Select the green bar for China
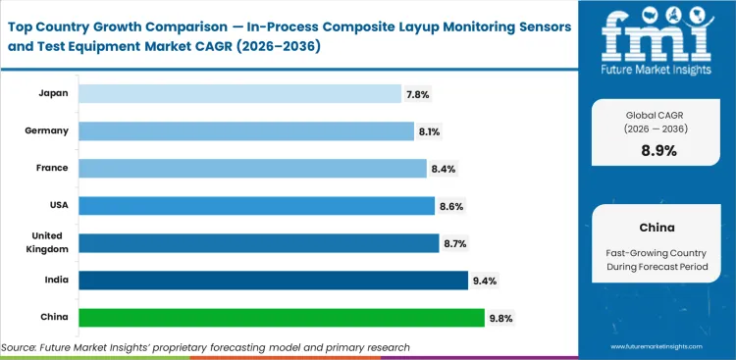281,318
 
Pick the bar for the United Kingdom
258,243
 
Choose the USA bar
256,206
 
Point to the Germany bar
246,130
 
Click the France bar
252,169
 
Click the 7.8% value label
417,94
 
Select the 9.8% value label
500,319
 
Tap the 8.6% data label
451,206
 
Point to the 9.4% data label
484,282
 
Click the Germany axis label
46,130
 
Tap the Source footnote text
205,347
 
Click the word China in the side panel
657,227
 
